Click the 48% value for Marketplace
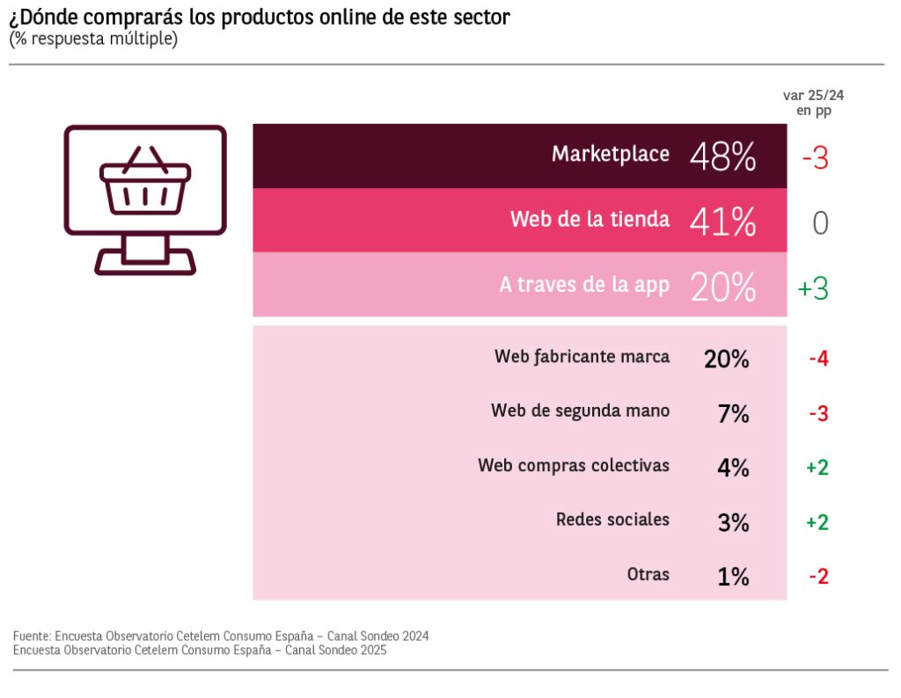pyautogui.click(x=722, y=157)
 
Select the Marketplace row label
pyautogui.click(x=610, y=154)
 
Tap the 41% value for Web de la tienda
pyautogui.click(x=722, y=222)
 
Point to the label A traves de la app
pyautogui.click(x=584, y=285)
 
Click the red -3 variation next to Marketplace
pyautogui.click(x=815, y=159)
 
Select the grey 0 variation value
pyautogui.click(x=820, y=223)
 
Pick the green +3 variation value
pyautogui.click(x=813, y=288)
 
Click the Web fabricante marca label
pyautogui.click(x=582, y=357)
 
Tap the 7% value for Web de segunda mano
pyautogui.click(x=733, y=413)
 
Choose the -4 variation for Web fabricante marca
pyautogui.click(x=818, y=359)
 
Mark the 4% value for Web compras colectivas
pyautogui.click(x=733, y=468)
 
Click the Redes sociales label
pyautogui.click(x=612, y=520)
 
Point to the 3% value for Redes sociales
pyautogui.click(x=733, y=523)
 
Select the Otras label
pyautogui.click(x=648, y=575)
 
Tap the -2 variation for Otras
pyautogui.click(x=818, y=577)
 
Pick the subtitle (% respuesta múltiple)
pyautogui.click(x=92, y=40)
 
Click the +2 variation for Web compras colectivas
pyautogui.click(x=817, y=468)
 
